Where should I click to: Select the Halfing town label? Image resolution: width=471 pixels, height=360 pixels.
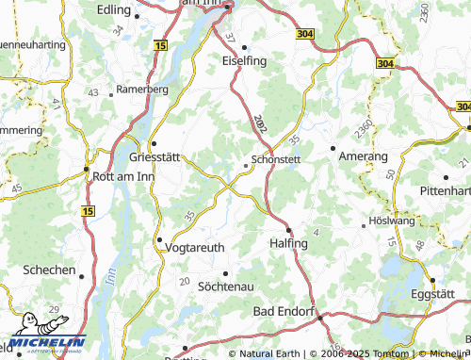pos(288,244)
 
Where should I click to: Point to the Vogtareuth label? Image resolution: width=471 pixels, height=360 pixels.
pos(194,248)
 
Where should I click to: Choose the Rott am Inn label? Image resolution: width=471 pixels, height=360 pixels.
pos(122,175)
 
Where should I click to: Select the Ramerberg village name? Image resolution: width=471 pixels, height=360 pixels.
pos(141,90)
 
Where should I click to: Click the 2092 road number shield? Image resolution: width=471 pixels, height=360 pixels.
pos(259,123)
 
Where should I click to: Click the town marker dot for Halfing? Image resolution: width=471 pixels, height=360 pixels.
pos(288,231)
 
